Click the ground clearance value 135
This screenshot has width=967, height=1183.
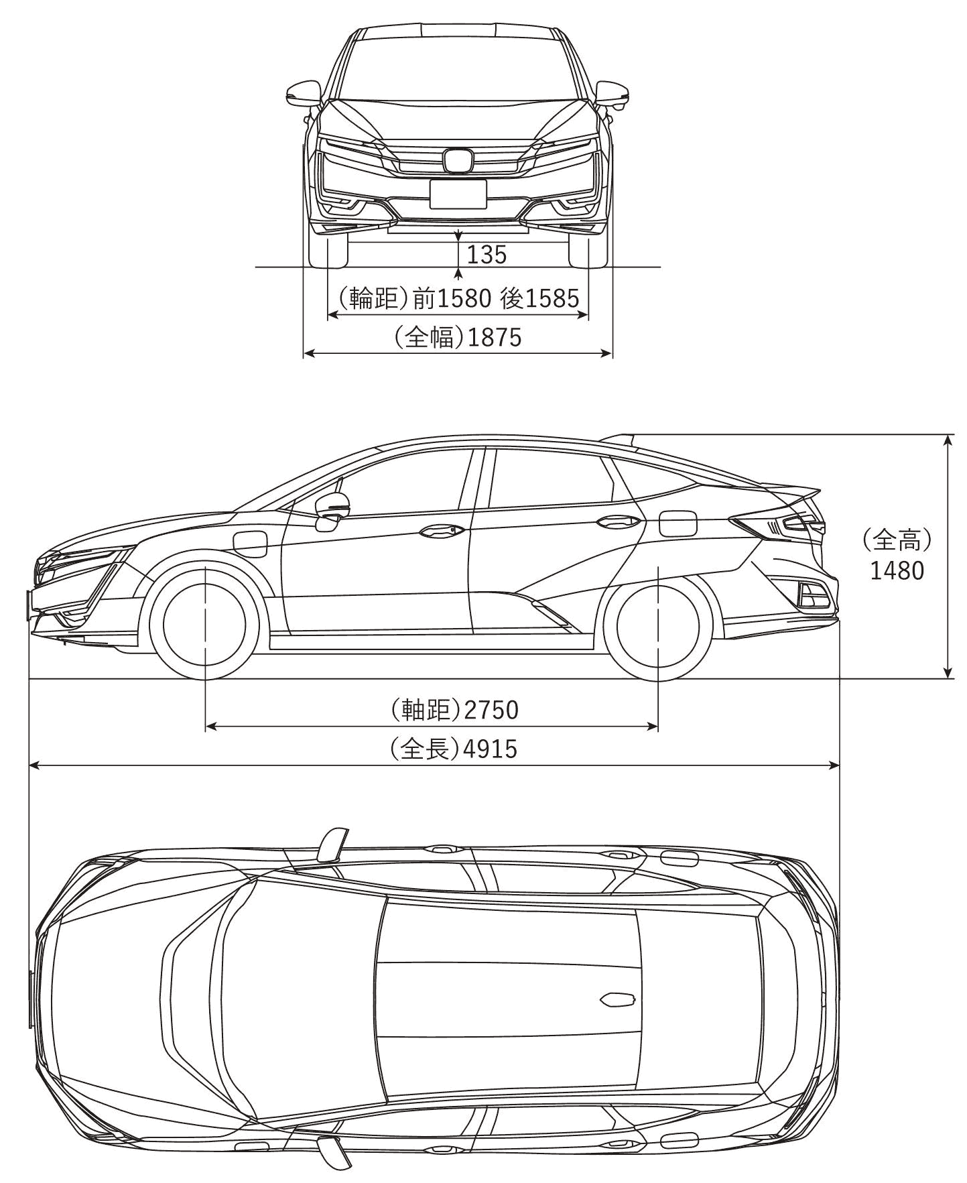click(x=487, y=255)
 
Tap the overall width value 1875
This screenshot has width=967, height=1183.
click(x=495, y=337)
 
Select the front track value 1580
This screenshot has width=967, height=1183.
click(x=464, y=298)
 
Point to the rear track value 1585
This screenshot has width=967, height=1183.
click(x=552, y=298)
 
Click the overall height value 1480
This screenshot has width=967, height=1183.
click(x=897, y=570)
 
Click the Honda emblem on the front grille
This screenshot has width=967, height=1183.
click(x=458, y=160)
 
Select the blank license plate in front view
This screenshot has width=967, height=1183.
click(x=458, y=194)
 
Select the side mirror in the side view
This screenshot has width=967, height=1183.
click(x=332, y=507)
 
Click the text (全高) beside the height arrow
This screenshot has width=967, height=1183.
click(x=897, y=538)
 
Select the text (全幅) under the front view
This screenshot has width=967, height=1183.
click(x=430, y=337)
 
